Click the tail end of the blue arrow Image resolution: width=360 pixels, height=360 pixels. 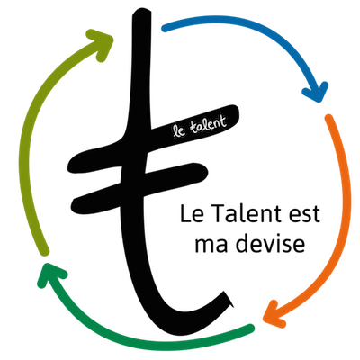165,29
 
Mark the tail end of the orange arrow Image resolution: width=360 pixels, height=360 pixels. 328,118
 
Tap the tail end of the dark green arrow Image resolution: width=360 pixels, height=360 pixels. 250,328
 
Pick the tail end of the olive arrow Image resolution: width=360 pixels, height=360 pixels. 45,252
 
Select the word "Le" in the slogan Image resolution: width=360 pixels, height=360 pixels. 191,213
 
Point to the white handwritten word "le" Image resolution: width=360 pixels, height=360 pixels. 179,131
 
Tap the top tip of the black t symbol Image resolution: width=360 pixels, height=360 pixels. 141,11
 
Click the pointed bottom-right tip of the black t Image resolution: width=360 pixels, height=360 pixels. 232,306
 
